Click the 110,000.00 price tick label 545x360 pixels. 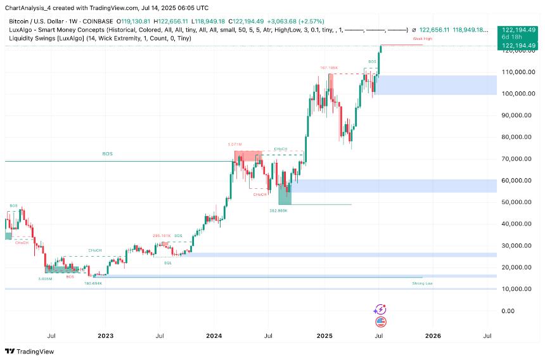coord(516,72)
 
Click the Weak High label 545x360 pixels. coord(423,39)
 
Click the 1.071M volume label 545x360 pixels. coord(235,145)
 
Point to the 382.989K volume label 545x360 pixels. coord(279,210)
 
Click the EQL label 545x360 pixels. coord(168,262)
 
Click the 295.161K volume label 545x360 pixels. coord(161,235)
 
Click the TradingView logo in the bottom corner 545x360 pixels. coord(30,351)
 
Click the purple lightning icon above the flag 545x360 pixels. coord(381,309)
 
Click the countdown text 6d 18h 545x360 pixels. coord(511,37)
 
